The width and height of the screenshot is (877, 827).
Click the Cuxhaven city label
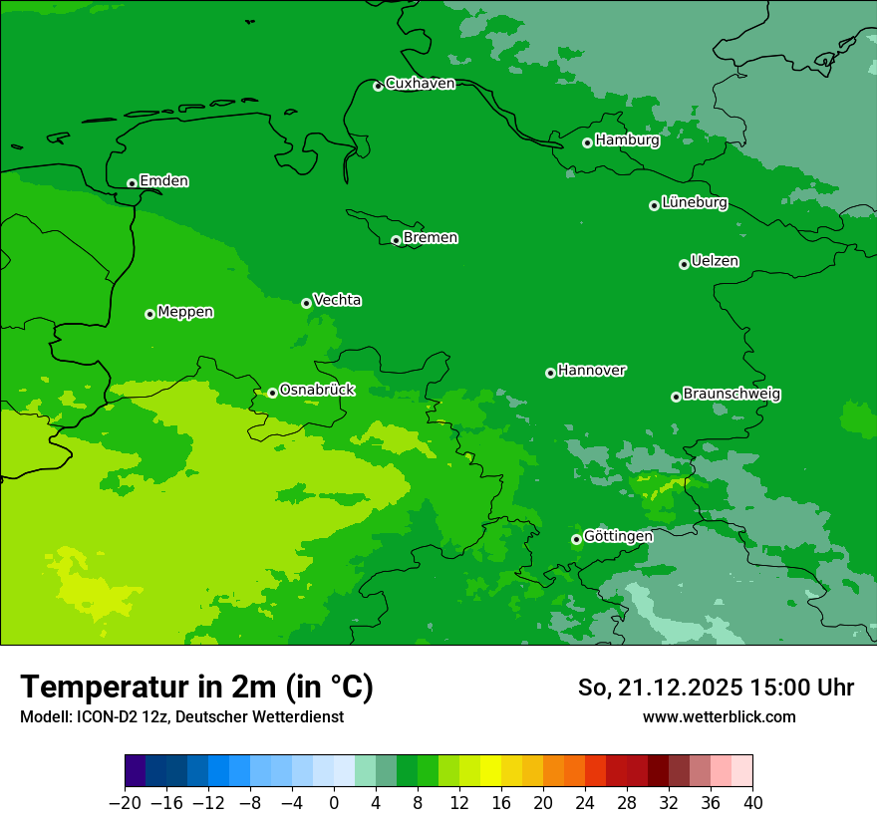[420, 84]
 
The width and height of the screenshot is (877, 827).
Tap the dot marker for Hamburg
[588, 142]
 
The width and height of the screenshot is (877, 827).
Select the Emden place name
[163, 181]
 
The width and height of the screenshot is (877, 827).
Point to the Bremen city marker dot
[396, 240]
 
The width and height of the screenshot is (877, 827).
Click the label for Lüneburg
[694, 203]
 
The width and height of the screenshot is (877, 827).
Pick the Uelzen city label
[715, 262]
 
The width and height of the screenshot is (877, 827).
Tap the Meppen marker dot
[149, 314]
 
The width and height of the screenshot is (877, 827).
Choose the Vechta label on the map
[337, 300]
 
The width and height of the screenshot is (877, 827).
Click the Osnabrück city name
[317, 390]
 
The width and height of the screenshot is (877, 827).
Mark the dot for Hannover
[550, 373]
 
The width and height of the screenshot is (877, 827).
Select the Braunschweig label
[731, 395]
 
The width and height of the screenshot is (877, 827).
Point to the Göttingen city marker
[576, 539]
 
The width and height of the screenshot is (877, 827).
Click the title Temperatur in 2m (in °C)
[196, 688]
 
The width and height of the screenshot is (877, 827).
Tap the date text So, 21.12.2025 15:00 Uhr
[716, 688]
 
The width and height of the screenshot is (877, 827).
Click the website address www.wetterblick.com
[719, 716]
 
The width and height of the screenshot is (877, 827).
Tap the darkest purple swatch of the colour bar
[136, 771]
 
